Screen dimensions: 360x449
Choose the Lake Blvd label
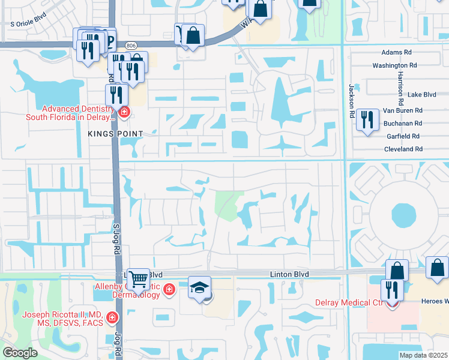(x=421, y=95)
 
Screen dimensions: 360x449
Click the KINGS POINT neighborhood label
(x=116, y=133)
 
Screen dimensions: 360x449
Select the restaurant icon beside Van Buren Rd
(x=367, y=121)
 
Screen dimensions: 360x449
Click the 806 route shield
(x=131, y=46)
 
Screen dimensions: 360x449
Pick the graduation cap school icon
(x=200, y=287)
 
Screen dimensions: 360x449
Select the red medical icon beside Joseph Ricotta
(x=112, y=316)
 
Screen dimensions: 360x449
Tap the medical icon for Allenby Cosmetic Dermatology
(x=169, y=290)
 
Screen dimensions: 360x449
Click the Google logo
(x=20, y=353)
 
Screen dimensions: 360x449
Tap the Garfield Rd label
(x=403, y=136)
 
